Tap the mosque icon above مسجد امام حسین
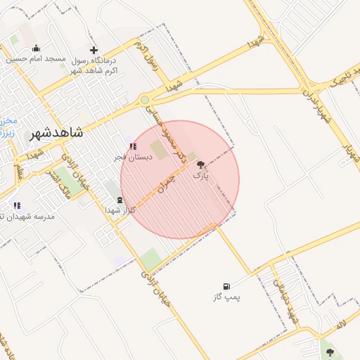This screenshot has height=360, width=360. pos(36,49)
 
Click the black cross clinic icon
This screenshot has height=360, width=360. pos(94,50)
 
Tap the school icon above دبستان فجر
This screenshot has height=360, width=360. pos(132,146)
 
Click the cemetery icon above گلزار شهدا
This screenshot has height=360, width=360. pos(119,200)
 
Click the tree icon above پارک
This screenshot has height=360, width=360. pos(201,163)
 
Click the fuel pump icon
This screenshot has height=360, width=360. pos(226,286)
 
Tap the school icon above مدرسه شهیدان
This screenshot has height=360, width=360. pos(17,205)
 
